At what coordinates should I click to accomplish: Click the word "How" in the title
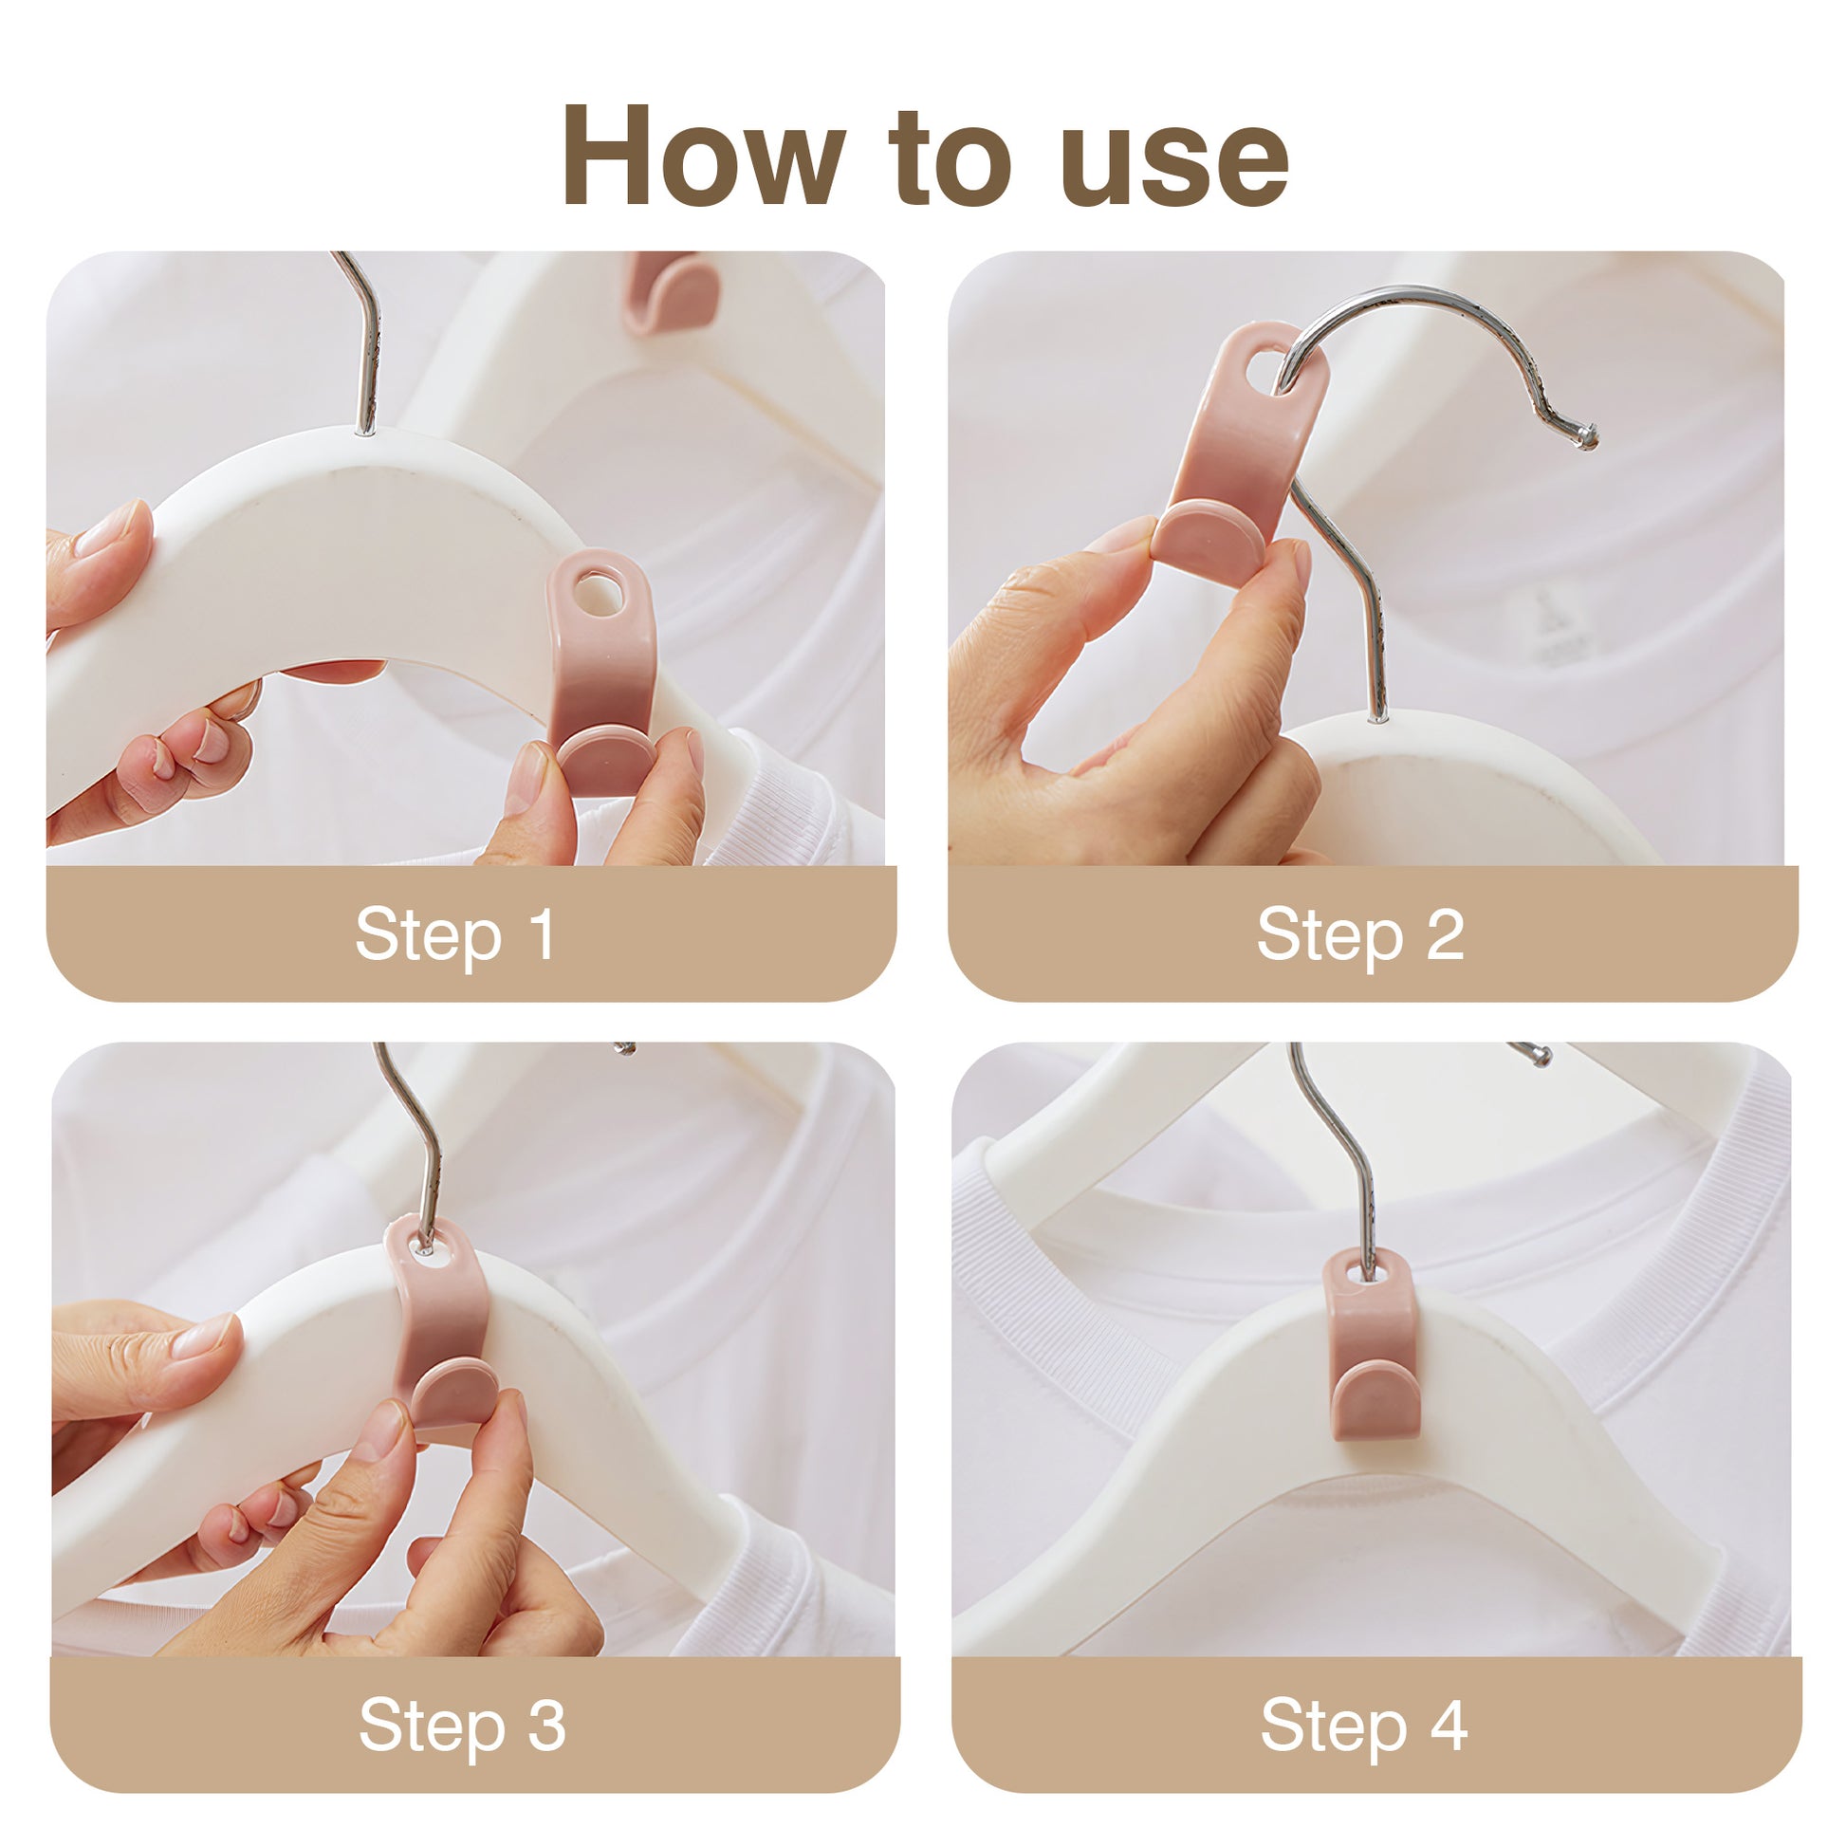(x=703, y=155)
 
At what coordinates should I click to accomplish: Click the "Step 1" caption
(x=454, y=934)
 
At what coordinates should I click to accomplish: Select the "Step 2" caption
(x=1360, y=934)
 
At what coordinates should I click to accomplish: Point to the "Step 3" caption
(x=463, y=1726)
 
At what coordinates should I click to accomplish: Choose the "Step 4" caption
(x=1364, y=1726)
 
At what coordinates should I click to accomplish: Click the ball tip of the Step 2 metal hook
(x=1587, y=437)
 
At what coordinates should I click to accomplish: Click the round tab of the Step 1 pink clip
(x=606, y=760)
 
